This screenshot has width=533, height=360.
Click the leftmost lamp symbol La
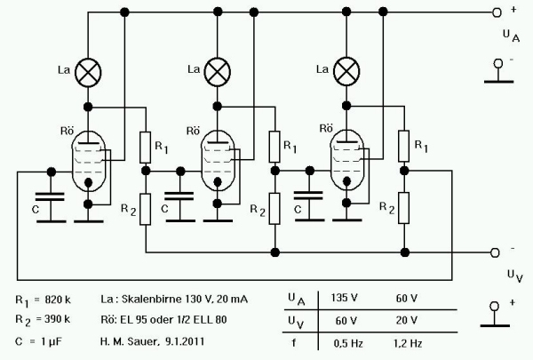point(88,71)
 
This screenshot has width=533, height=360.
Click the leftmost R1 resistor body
point(145,143)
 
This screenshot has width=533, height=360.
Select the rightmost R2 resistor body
point(403,207)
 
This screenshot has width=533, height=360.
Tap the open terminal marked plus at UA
point(497,13)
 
